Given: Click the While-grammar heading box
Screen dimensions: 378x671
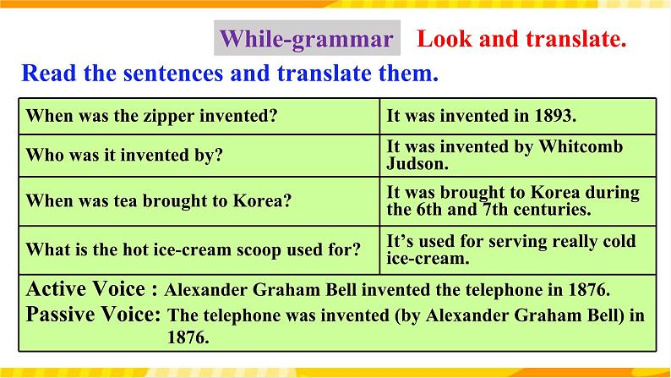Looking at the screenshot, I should [306, 39].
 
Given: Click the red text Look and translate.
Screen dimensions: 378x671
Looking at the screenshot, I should [521, 39].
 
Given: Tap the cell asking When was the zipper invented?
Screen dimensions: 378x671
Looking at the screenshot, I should [153, 115].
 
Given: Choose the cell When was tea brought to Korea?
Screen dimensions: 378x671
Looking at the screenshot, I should [159, 201].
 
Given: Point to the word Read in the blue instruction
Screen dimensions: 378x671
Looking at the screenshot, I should [47, 73].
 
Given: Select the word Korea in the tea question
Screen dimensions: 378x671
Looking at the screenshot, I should [265, 201].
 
